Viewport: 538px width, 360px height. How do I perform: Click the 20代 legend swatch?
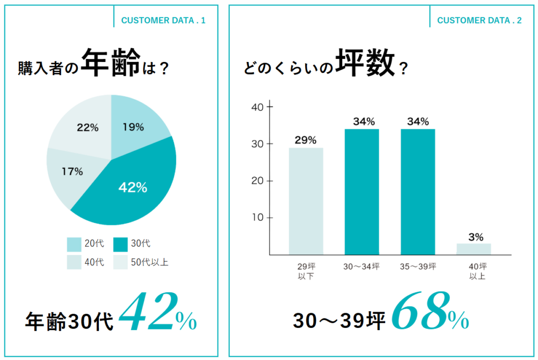[74, 244]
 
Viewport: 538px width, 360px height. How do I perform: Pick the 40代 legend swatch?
[74, 262]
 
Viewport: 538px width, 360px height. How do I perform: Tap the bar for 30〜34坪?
[361, 192]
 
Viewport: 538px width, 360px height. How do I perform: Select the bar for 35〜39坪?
[418, 192]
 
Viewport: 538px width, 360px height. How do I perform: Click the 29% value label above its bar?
[305, 140]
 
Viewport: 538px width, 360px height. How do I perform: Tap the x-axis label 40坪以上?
[474, 271]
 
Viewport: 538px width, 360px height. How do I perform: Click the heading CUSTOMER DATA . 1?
[163, 20]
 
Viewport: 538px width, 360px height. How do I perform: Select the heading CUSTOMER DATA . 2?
[479, 20]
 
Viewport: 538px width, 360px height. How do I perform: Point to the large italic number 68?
[419, 313]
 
